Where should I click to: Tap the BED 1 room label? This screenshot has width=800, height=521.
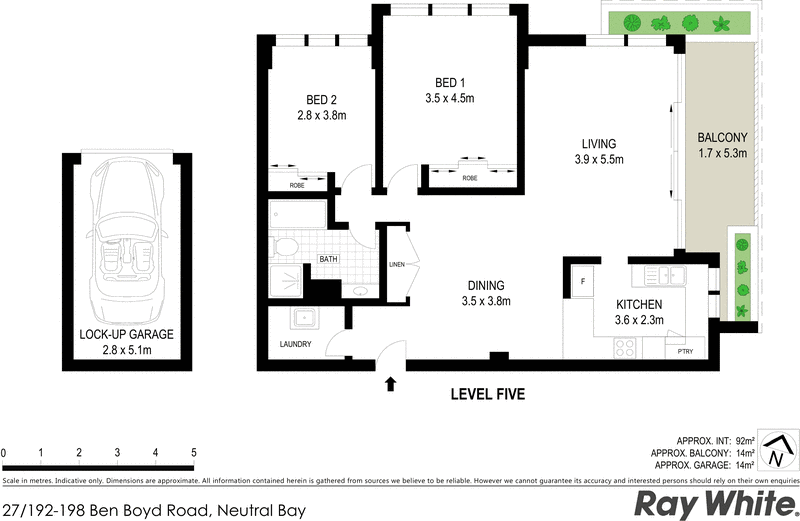449,82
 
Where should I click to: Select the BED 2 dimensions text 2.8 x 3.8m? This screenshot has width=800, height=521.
321,115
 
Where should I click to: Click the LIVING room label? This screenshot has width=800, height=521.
595,144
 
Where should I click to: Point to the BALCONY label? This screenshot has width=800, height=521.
722,137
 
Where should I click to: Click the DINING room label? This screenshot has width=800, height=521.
485,285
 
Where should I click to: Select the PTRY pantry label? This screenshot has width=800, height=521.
685,350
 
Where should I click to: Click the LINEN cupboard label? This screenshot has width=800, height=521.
398,264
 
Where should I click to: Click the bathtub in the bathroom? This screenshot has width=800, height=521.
297,216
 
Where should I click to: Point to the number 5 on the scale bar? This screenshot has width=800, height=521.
193,453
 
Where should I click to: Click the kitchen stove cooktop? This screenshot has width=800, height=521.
626,349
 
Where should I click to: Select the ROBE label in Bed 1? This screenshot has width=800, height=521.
469,178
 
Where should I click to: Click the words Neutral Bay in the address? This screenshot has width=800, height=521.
259,509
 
